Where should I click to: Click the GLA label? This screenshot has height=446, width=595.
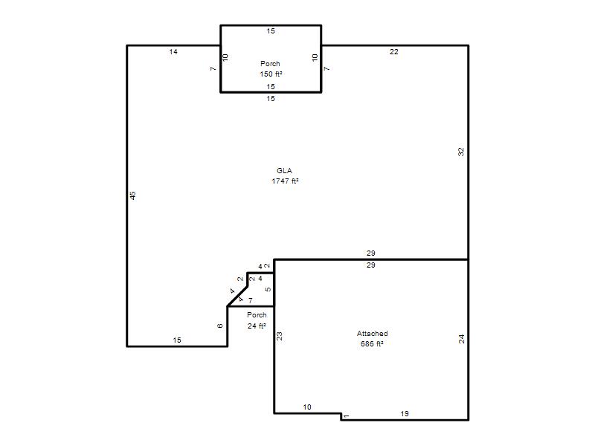coord(284,171)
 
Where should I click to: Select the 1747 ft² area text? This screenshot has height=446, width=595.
coord(285,181)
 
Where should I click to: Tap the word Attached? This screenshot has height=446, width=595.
coord(373,333)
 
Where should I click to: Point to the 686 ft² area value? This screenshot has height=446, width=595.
coord(372,344)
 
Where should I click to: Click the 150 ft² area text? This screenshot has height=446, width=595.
coord(271,74)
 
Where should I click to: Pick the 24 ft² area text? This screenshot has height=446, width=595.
coord(257,326)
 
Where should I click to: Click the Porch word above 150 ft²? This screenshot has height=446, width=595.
coord(270,64)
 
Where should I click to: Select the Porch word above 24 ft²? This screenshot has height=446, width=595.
coord(257,314)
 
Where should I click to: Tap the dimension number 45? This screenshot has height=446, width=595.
coord(132,195)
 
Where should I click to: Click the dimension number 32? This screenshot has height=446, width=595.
coord(461,152)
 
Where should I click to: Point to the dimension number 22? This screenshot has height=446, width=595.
coord(394,52)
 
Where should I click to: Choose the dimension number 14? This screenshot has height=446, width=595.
coord(173,52)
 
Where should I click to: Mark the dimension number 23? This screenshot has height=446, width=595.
coord(280,337)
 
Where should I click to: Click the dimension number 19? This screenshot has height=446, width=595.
coord(405,414)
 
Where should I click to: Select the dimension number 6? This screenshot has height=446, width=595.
coord(220,326)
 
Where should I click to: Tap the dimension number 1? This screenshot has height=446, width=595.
coord(346,416)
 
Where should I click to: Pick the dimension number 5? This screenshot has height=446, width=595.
coord(268,289)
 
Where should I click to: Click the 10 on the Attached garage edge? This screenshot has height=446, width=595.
coord(307,407)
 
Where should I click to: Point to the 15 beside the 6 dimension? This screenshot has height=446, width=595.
coord(177,340)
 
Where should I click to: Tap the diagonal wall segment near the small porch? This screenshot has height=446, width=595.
coord(237,296)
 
